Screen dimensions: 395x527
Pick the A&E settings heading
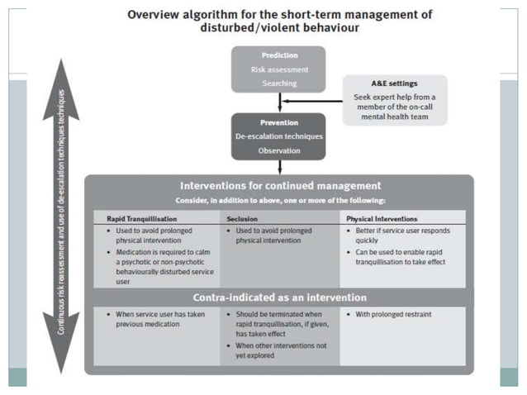[396, 83]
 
